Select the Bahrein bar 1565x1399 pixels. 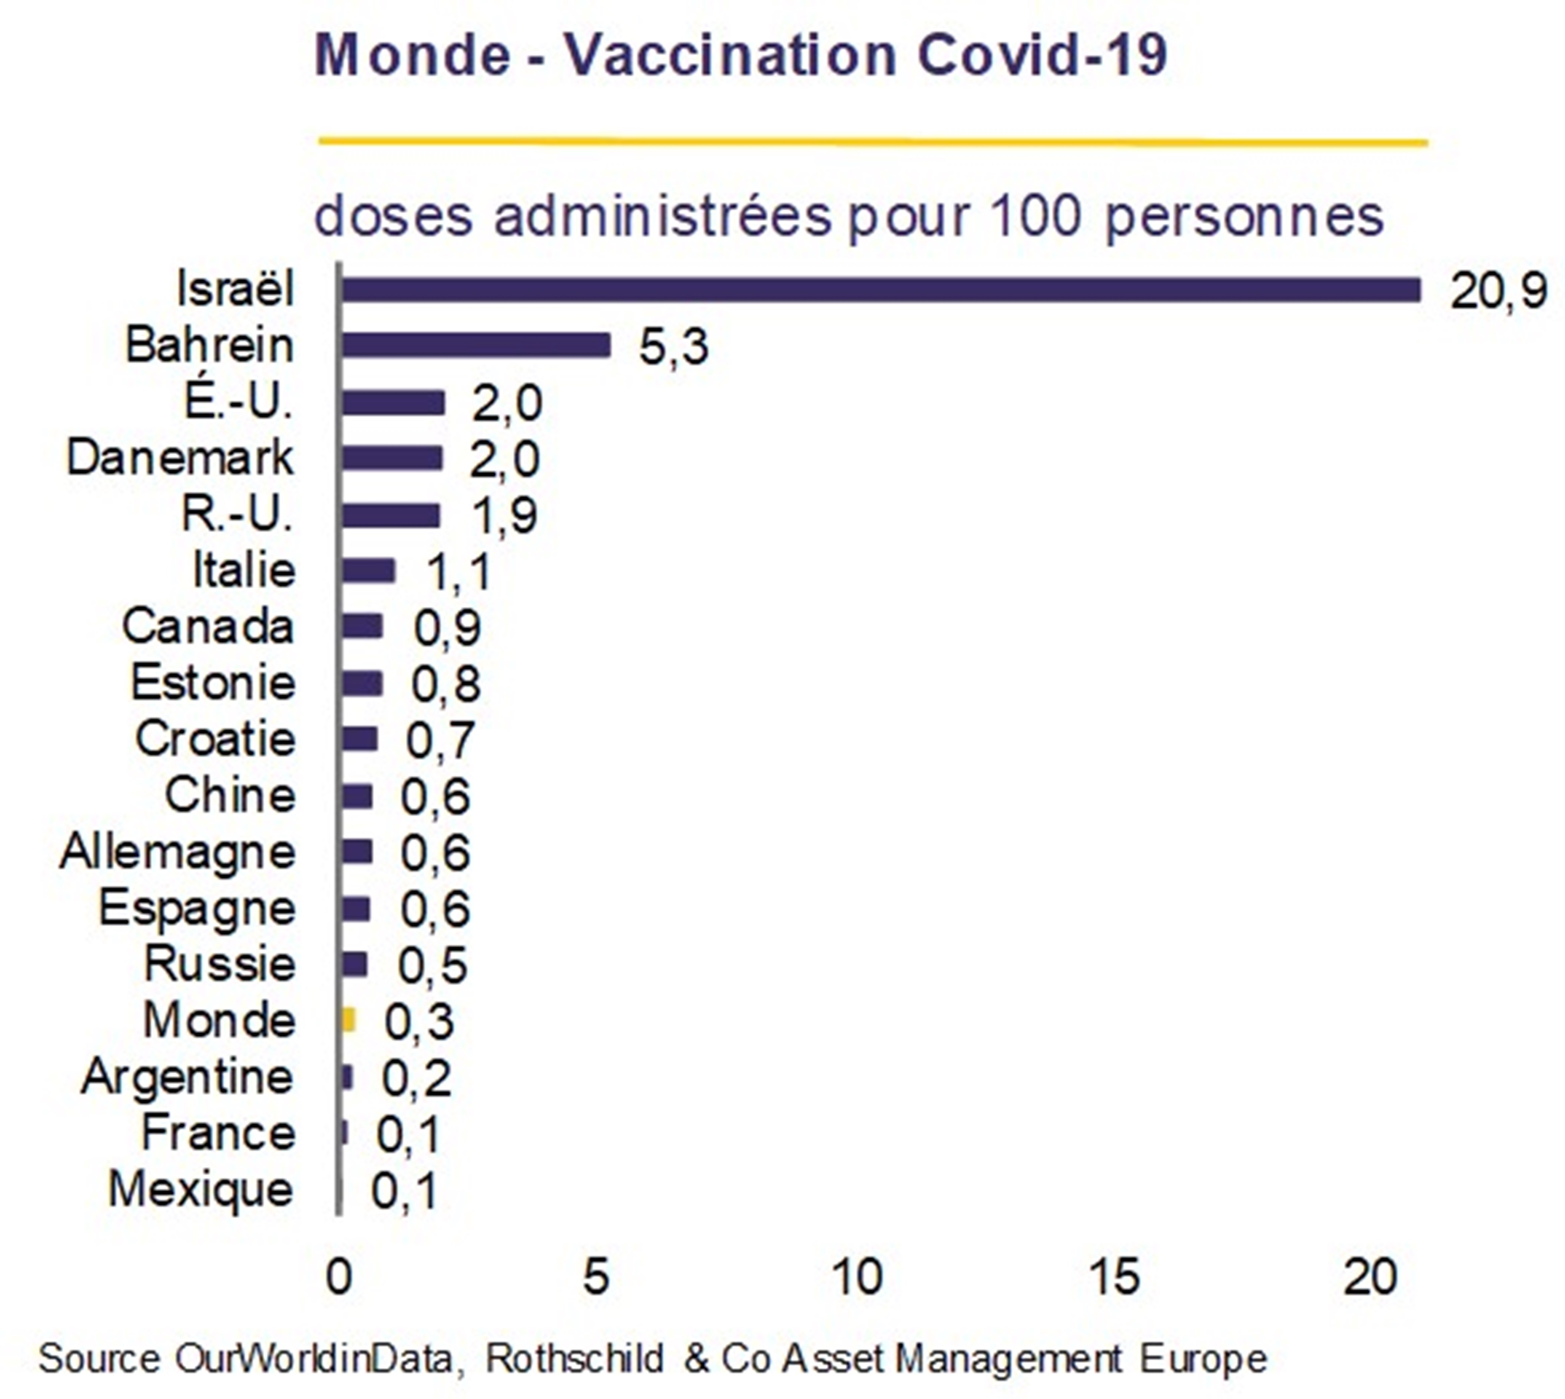tap(476, 345)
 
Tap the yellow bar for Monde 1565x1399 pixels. tap(348, 1020)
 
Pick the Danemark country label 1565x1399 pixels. tap(180, 458)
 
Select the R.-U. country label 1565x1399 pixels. tap(237, 514)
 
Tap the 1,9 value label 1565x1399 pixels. tap(504, 515)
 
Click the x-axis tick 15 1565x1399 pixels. tap(1114, 1277)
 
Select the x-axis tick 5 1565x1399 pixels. tap(597, 1277)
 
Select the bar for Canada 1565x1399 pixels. tap(362, 627)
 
